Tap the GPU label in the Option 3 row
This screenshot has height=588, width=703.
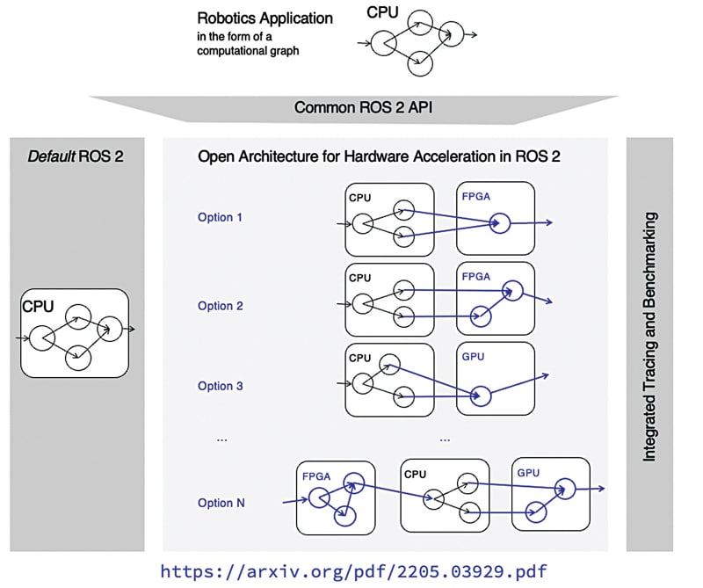[473, 358]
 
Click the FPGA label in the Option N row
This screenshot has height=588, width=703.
[316, 476]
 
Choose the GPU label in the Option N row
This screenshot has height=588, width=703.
[528, 473]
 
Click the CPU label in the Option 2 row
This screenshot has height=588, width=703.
[360, 278]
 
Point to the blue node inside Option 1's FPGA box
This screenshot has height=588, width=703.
[500, 224]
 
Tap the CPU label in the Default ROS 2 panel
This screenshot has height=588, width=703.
[38, 307]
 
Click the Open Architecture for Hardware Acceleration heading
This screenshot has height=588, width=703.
[379, 157]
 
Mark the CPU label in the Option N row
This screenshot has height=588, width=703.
[416, 475]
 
